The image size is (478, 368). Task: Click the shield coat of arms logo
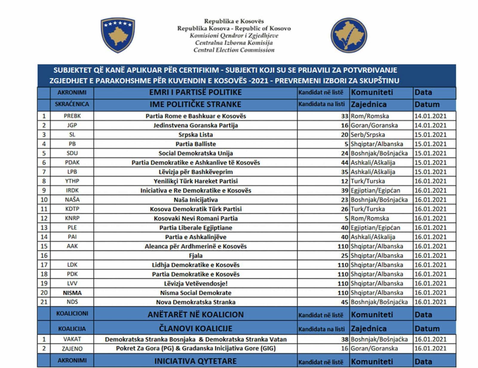point(118,35)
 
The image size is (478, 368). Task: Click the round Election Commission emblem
point(349,35)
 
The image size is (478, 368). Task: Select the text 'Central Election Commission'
point(234,50)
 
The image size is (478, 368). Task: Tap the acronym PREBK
point(72,116)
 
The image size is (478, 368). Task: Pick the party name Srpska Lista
point(196,135)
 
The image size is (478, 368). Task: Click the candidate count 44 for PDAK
point(344,162)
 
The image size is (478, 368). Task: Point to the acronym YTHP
point(72,181)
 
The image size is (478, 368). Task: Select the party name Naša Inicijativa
point(196,200)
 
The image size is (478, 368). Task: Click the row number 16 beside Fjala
point(44,255)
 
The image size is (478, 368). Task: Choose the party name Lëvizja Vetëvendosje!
point(196,283)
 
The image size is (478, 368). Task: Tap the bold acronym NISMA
point(72,293)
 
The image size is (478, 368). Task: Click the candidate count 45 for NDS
point(344,302)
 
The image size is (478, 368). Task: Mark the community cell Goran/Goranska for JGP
point(374,125)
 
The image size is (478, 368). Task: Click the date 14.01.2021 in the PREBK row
point(430,116)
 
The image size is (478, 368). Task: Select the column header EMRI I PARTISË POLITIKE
point(195,92)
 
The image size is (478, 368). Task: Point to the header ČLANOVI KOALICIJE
point(195,328)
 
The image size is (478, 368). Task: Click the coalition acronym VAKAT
point(72,339)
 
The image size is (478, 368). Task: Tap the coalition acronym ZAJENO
point(72,349)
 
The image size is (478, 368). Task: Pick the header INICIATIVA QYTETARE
point(195,361)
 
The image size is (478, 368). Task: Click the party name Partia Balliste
point(196,144)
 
